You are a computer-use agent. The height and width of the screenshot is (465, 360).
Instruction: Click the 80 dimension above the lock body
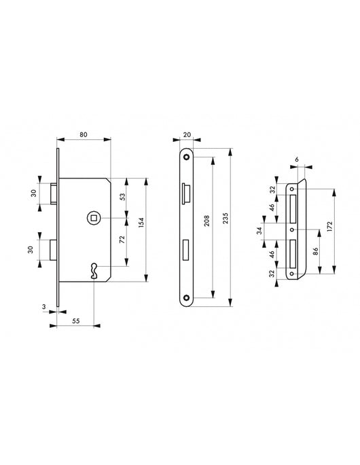(x=83, y=134)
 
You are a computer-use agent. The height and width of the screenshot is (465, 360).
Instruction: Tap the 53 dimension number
(x=122, y=198)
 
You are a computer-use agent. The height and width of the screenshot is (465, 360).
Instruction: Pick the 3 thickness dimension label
(x=45, y=308)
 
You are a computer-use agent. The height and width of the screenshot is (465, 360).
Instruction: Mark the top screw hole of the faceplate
(x=185, y=155)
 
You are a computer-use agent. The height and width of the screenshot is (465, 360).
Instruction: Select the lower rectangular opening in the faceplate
(x=185, y=250)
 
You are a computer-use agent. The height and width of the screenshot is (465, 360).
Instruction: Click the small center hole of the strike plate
(x=292, y=230)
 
